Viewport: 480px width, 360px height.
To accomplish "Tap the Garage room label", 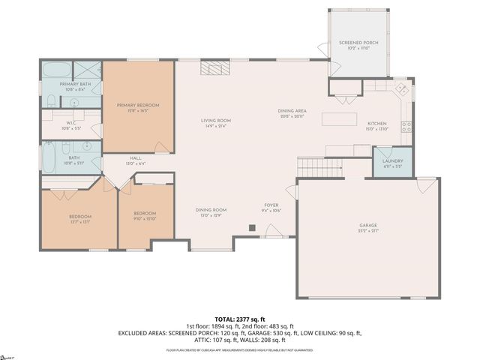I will click(x=367, y=225).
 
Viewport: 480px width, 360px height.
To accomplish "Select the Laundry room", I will click(x=392, y=161).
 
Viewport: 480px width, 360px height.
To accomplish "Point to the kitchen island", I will click(x=339, y=118).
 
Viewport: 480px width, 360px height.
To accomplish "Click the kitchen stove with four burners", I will click(x=406, y=125).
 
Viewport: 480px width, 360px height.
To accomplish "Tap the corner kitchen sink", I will click(x=401, y=88).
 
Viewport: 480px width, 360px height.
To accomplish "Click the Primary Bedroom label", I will click(x=138, y=105).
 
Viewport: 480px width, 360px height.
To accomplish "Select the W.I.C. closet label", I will click(x=70, y=124).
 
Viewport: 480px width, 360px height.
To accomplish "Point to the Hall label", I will click(x=136, y=158).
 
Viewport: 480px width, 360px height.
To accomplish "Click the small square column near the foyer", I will click(x=253, y=226).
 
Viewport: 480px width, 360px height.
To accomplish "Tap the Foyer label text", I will click(x=271, y=205).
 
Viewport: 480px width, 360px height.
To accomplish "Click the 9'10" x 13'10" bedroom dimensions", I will click(x=144, y=219).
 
